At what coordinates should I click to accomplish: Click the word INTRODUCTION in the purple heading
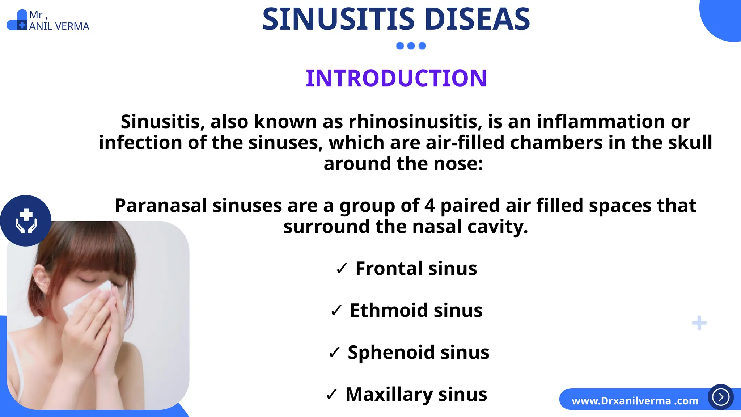396,78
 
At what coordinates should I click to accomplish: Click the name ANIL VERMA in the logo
59,26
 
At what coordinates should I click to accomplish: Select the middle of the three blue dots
411,46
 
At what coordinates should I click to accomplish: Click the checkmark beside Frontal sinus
342,269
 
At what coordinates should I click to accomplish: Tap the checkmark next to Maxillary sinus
331,394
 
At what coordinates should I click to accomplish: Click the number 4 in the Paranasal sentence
429,206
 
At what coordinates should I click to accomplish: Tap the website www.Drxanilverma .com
635,401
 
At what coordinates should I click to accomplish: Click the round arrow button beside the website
720,397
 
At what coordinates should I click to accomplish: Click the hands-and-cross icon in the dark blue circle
26,220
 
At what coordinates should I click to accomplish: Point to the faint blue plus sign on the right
699,323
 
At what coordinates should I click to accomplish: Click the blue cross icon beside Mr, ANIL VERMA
22,26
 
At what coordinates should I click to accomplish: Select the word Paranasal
161,206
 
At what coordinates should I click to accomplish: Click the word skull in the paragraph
690,143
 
